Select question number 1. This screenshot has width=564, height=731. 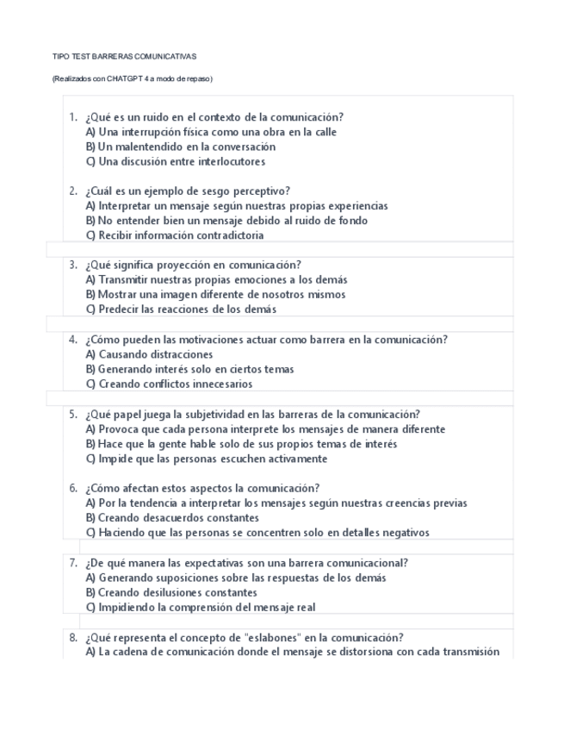coord(73,117)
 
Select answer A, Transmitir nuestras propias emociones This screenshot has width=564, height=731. coord(216,280)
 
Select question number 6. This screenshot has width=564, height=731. coord(73,488)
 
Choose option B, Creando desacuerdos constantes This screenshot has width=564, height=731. coord(172,518)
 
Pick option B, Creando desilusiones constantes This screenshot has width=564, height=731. coord(171,592)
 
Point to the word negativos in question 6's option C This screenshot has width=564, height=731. coord(405,533)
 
